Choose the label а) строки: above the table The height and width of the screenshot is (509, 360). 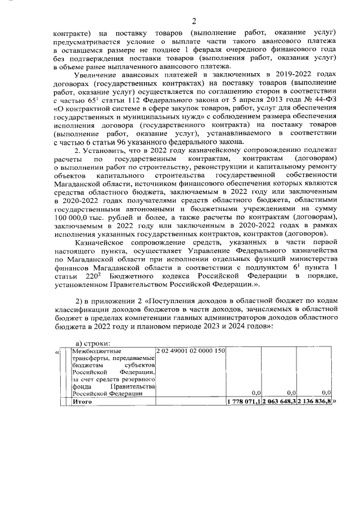coord(93,344)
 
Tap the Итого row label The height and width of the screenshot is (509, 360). coord(83,402)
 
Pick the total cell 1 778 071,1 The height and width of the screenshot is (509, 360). coord(244,402)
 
